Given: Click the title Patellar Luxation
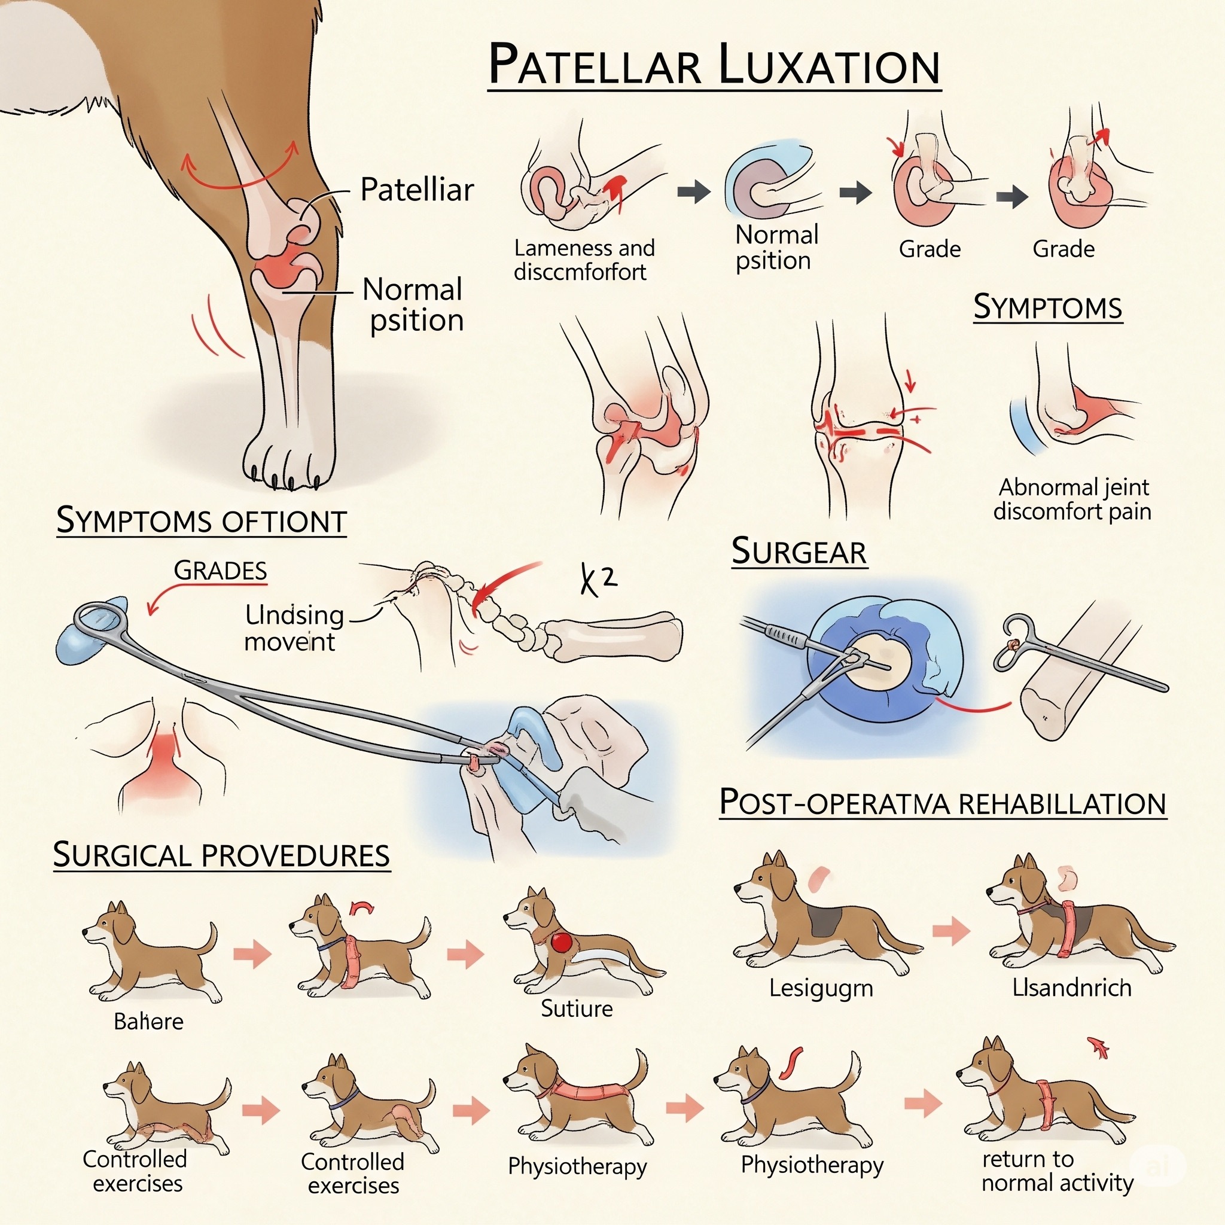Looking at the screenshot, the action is [x=714, y=65].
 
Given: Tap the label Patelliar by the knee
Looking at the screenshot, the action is [x=416, y=190].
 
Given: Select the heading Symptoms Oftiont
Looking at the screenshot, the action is [x=201, y=521].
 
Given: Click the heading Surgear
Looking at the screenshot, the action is [x=799, y=551].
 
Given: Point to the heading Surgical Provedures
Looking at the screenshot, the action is [x=221, y=855].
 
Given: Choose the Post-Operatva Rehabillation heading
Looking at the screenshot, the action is [x=942, y=803].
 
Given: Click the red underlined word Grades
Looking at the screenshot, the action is [x=220, y=571].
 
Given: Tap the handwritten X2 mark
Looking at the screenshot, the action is [x=598, y=580].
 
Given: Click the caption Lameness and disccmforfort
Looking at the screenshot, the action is [x=583, y=260].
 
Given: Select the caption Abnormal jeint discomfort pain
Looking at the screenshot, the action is [x=1072, y=499].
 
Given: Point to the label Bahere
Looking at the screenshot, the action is [x=148, y=1022].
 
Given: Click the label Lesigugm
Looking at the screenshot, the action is [x=821, y=989].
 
